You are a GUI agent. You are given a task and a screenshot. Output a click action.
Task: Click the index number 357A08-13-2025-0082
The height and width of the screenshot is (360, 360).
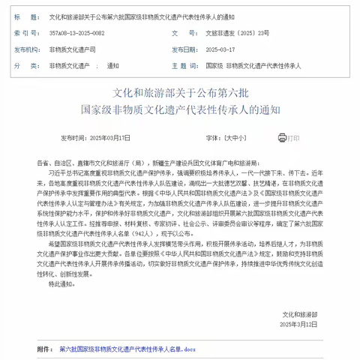pyautogui.click(x=76, y=34)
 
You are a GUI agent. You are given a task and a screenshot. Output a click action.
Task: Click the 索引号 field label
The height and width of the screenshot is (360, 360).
pyautogui.click(x=24, y=34)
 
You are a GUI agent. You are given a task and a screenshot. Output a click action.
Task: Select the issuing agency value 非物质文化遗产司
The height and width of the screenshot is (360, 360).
pyautogui.click(x=73, y=49)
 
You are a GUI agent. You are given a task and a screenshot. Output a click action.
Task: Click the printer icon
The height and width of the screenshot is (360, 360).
pyautogui.click(x=283, y=138)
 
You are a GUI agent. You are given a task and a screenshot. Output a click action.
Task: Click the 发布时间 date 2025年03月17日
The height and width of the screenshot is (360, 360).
pyautogui.click(x=109, y=139)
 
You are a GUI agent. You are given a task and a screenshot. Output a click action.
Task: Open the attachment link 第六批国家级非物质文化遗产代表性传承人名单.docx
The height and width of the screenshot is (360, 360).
pyautogui.click(x=127, y=349)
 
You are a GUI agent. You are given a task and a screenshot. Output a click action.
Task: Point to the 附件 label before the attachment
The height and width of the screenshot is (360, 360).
pyautogui.click(x=44, y=349)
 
